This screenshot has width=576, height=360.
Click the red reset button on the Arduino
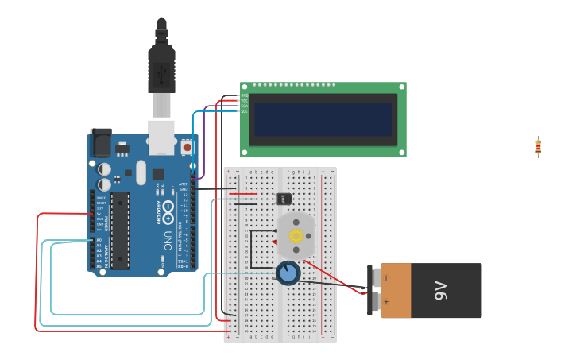[x=187, y=147]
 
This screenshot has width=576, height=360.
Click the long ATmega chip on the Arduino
[x=120, y=230]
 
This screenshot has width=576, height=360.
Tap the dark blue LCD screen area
[x=323, y=119]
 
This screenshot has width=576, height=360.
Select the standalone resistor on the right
[x=538, y=147]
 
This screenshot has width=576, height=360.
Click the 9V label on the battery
[x=441, y=291]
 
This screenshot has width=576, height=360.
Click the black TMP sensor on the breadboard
[x=284, y=199]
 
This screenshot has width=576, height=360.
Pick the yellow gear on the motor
[x=296, y=235]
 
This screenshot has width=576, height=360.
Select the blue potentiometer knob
[x=288, y=273]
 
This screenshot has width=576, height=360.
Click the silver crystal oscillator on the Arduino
[x=141, y=172]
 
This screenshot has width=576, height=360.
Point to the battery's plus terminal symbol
[x=387, y=303]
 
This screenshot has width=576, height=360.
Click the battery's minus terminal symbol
[x=387, y=278]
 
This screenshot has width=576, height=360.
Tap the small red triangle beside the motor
[x=275, y=242]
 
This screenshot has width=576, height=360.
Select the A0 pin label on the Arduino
[x=99, y=239]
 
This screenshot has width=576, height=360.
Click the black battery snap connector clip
[x=372, y=290]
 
